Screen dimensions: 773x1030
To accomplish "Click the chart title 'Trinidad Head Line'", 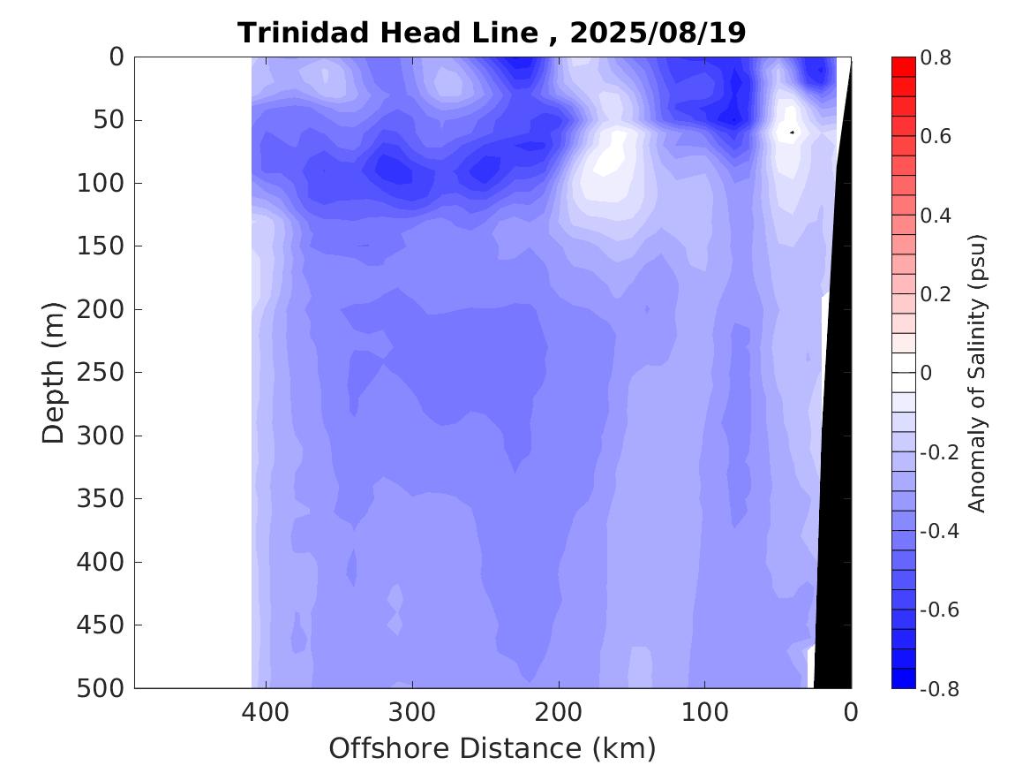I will pos(387,33).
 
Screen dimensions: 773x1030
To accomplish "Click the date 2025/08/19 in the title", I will pos(658,33).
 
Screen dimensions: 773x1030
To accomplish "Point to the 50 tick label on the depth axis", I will pos(107,119).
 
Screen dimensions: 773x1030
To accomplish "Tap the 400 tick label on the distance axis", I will pos(266,711).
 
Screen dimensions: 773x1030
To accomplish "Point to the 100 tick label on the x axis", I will pos(704,711).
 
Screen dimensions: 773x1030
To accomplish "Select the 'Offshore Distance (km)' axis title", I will pos(492,748).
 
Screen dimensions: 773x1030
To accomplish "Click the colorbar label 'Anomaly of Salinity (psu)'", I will pos(976,372).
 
